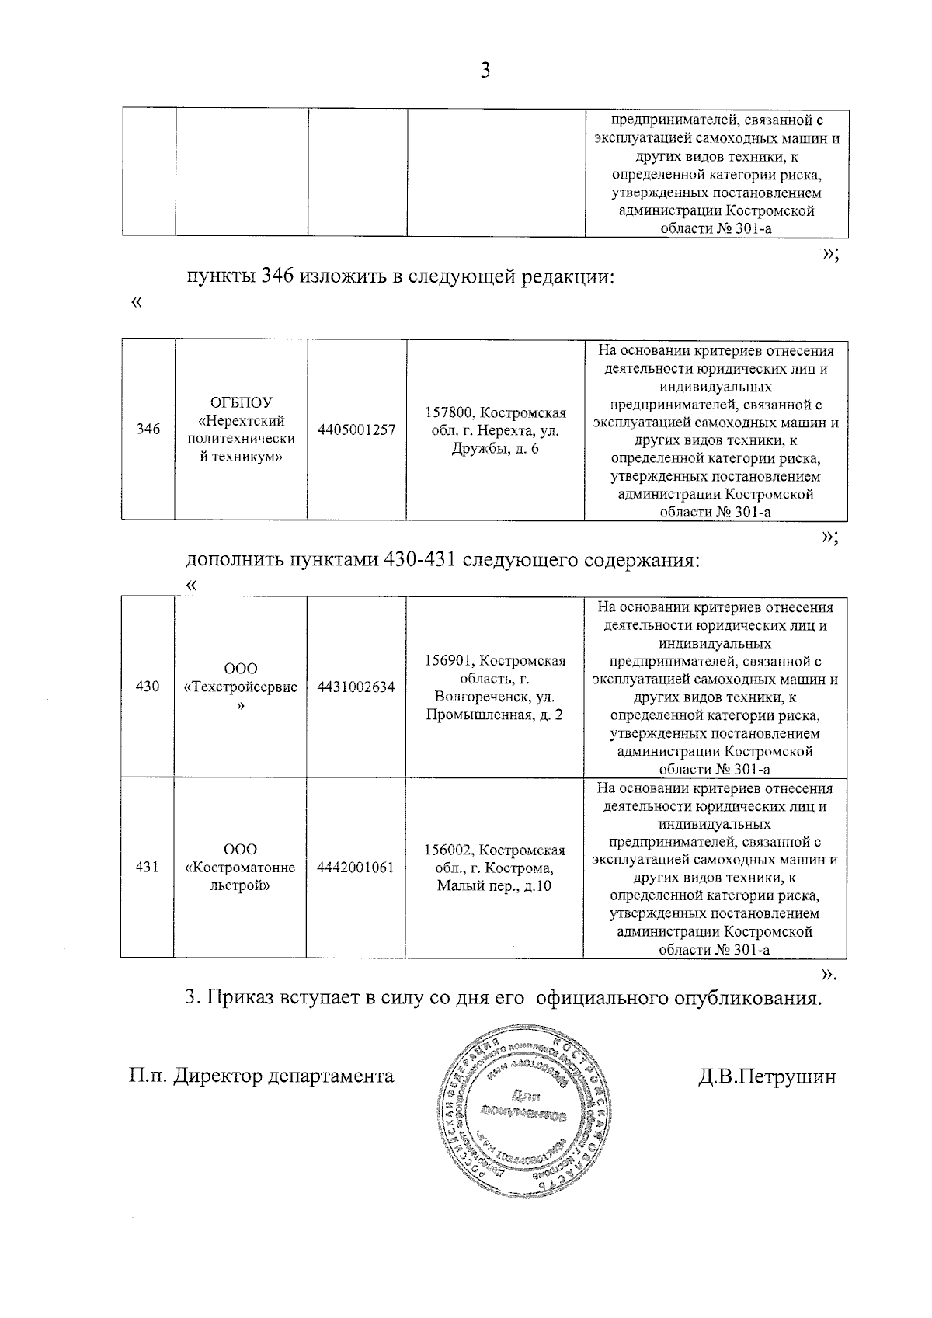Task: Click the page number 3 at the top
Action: [x=485, y=71]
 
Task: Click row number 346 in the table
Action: [x=148, y=429]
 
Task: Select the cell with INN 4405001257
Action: [x=356, y=429]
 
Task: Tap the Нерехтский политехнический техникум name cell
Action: [x=241, y=429]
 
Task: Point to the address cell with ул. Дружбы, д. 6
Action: [x=495, y=430]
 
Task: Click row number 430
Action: [x=148, y=687]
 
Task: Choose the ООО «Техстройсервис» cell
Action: [x=241, y=687]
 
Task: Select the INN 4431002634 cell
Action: [x=356, y=687]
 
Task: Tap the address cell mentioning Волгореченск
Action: [x=495, y=687]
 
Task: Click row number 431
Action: [x=148, y=868]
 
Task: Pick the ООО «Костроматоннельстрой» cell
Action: [x=241, y=868]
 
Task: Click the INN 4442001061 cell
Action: [x=356, y=868]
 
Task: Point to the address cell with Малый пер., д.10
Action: [x=495, y=868]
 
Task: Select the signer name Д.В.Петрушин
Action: [x=767, y=1076]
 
